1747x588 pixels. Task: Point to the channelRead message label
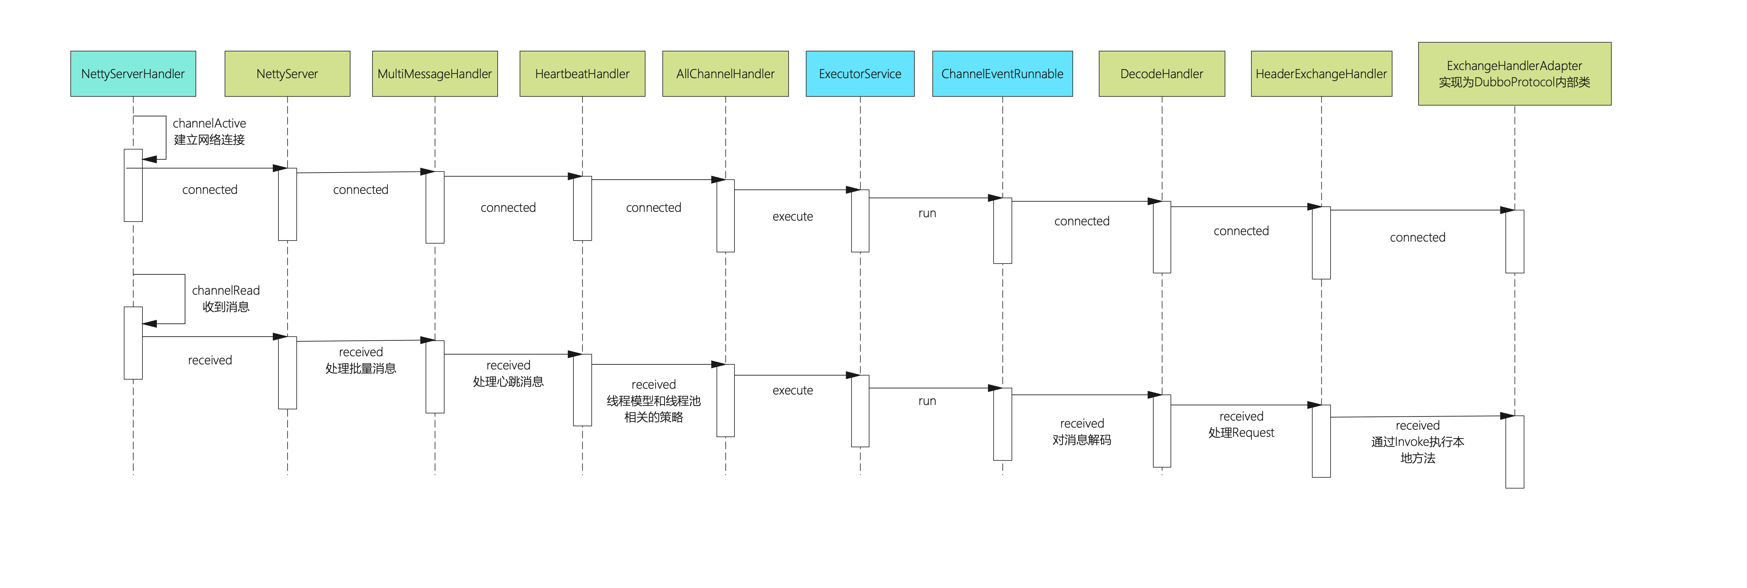click(x=226, y=290)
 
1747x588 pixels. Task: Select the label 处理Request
click(x=1241, y=433)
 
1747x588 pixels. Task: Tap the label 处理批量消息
click(x=361, y=368)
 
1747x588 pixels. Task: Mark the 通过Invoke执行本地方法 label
click(x=1417, y=450)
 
